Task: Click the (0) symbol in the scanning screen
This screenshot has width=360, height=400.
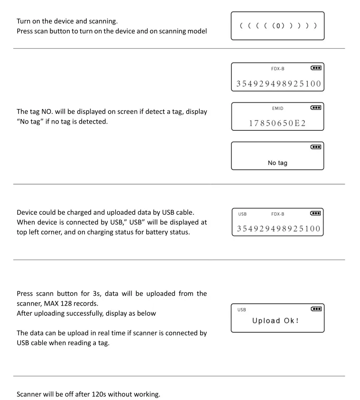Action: tap(277, 26)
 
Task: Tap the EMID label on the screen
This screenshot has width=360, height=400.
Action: tap(277, 109)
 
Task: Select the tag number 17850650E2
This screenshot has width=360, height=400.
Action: tap(277, 124)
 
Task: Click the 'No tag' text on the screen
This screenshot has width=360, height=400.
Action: tap(277, 163)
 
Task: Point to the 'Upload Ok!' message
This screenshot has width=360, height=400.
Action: tap(276, 321)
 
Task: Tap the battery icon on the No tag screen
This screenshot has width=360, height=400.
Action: tap(316, 147)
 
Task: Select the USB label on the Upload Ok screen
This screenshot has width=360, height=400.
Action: tap(242, 310)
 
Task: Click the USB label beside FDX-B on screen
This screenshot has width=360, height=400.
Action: tap(242, 214)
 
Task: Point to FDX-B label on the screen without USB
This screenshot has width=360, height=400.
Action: tap(277, 69)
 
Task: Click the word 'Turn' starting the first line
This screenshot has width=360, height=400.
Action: tap(24, 22)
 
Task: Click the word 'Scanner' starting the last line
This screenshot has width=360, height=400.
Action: tap(30, 394)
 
